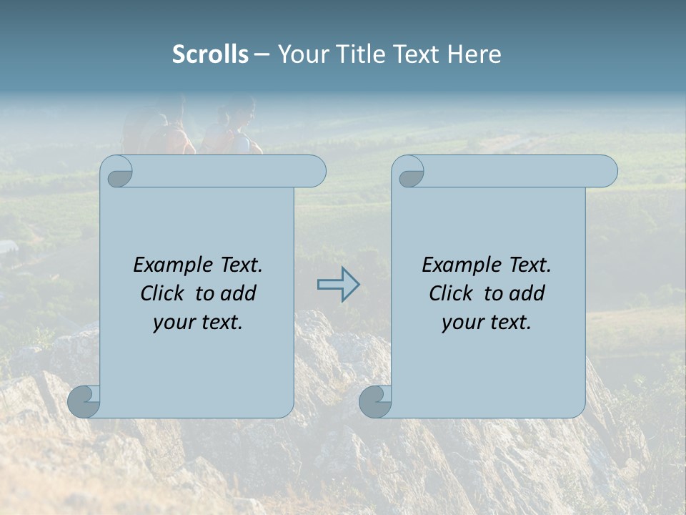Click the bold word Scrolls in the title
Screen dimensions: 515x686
(210, 54)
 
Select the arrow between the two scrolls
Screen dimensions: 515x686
(338, 285)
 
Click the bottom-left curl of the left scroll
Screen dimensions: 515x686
(84, 401)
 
